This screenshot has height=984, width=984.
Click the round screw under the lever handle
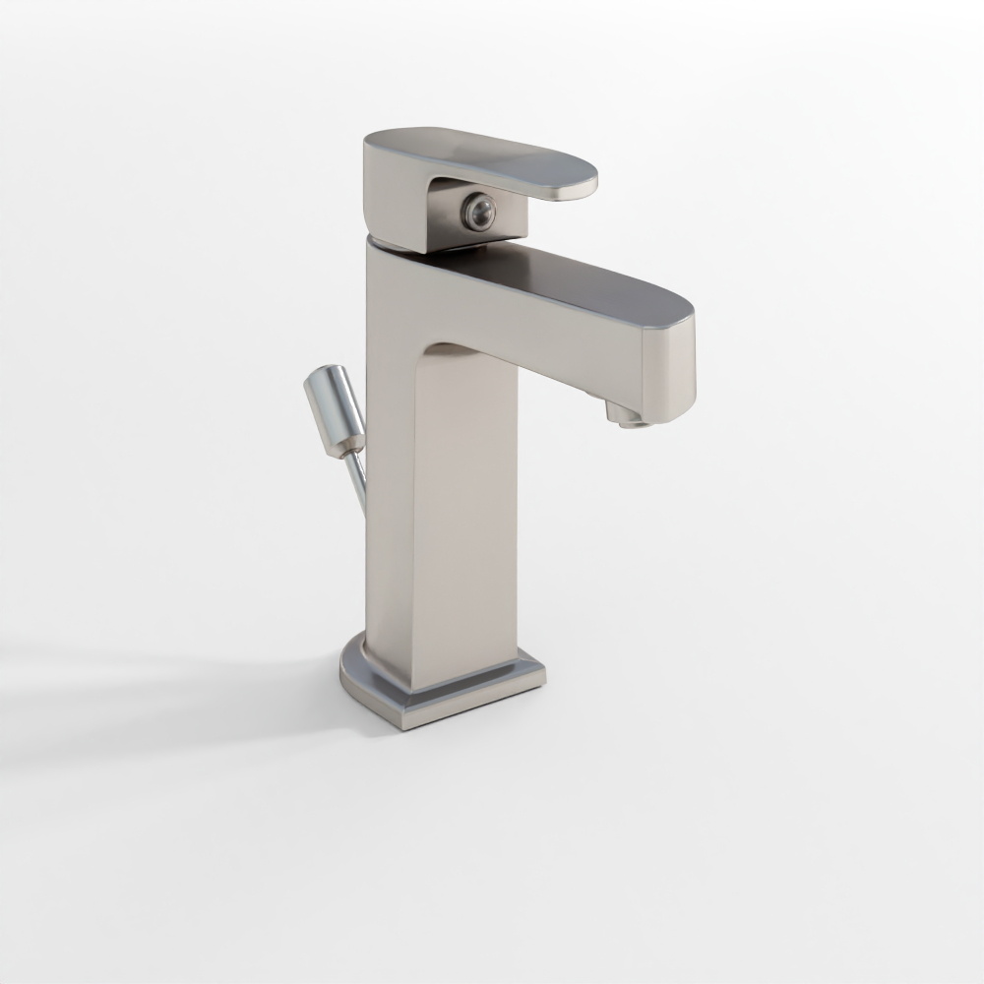479,212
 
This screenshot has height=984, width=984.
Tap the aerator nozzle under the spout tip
626,414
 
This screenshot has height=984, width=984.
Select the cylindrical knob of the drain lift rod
336,409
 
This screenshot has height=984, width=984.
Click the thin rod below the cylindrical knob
357,482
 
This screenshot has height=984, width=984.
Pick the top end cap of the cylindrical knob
323,375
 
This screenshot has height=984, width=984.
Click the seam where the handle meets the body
394,243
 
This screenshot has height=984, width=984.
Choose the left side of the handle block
394,192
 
